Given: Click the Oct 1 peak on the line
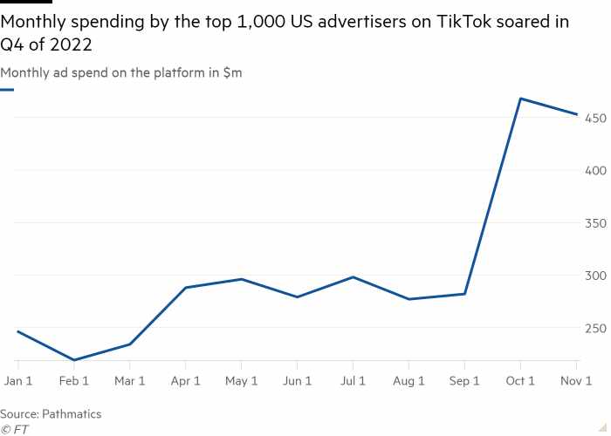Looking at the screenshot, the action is point(520,99).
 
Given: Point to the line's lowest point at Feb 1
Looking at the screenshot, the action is point(74,359).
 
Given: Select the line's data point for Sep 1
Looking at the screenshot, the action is point(464,294).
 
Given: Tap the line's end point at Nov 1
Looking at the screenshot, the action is point(576,114).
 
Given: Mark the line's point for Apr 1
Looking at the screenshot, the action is point(185,288).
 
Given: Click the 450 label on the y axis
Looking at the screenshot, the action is point(596,118).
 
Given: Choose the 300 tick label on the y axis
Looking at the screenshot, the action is point(596,276).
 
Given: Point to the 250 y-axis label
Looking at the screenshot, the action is point(596,328).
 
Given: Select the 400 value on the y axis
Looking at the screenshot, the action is point(596,171).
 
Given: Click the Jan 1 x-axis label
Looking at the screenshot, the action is point(18,381).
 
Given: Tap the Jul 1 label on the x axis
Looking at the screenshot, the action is point(353,381).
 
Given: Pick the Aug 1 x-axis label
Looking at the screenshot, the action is point(408,381).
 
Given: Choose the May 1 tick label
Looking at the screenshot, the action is point(241,381).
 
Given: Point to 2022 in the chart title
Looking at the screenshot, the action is point(71,44).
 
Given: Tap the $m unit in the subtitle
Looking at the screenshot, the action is point(233,72).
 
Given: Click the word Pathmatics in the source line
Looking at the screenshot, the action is point(72,414).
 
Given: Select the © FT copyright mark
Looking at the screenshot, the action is point(15,429).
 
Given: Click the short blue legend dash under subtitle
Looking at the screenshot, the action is point(7,90).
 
